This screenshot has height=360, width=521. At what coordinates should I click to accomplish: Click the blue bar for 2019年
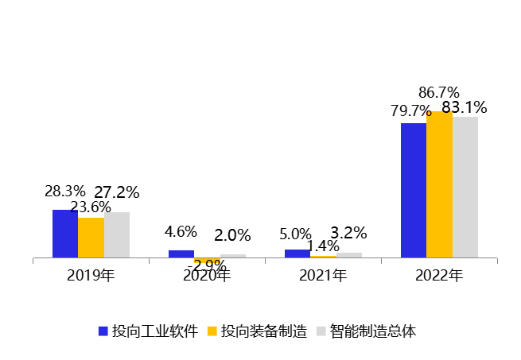coord(65,234)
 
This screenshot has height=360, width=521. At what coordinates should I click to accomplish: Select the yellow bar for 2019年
coord(91,238)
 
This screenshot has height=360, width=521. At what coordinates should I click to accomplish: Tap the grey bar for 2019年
coord(117,234)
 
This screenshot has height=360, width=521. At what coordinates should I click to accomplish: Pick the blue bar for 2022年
coord(413,190)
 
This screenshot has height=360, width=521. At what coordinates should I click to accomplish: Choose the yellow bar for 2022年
coord(439,184)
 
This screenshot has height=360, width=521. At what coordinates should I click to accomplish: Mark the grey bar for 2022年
coord(465,187)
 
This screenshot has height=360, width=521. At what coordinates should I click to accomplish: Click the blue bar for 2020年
coord(181,254)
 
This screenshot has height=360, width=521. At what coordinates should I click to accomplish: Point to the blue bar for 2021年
coord(297,254)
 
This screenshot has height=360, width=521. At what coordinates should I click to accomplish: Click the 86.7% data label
coord(440,92)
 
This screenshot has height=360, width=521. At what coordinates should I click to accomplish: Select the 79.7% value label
coord(411,110)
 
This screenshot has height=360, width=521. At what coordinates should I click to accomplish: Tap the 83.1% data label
coord(465,107)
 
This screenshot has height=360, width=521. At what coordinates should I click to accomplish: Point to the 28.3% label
coord(64,192)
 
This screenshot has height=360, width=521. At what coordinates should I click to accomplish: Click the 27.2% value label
coord(117,192)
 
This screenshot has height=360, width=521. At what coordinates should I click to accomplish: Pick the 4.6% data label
coord(181,232)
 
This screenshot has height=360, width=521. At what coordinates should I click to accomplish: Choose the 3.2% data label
coord(348,233)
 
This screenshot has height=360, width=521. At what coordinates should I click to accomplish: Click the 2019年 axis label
coord(91,276)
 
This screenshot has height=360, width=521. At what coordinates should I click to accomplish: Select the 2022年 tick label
coord(439,276)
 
